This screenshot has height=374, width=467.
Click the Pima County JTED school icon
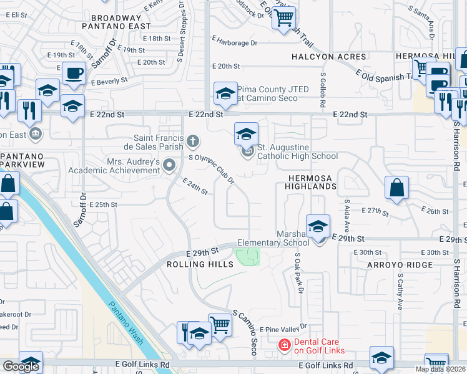(x=225, y=94)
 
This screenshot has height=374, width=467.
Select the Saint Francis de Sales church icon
(x=193, y=142)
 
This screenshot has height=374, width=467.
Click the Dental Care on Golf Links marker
(x=284, y=344)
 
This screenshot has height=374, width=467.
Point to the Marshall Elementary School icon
(x=318, y=226)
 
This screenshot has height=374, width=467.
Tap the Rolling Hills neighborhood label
(x=200, y=264)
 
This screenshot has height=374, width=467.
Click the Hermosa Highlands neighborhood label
(x=312, y=182)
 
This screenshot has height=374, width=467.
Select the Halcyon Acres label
(x=328, y=57)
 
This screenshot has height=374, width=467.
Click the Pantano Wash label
(x=127, y=324)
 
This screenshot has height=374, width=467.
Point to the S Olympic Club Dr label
(x=212, y=169)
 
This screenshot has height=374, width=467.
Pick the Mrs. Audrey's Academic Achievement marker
(x=169, y=165)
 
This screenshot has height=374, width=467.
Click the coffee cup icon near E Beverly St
(x=74, y=72)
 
